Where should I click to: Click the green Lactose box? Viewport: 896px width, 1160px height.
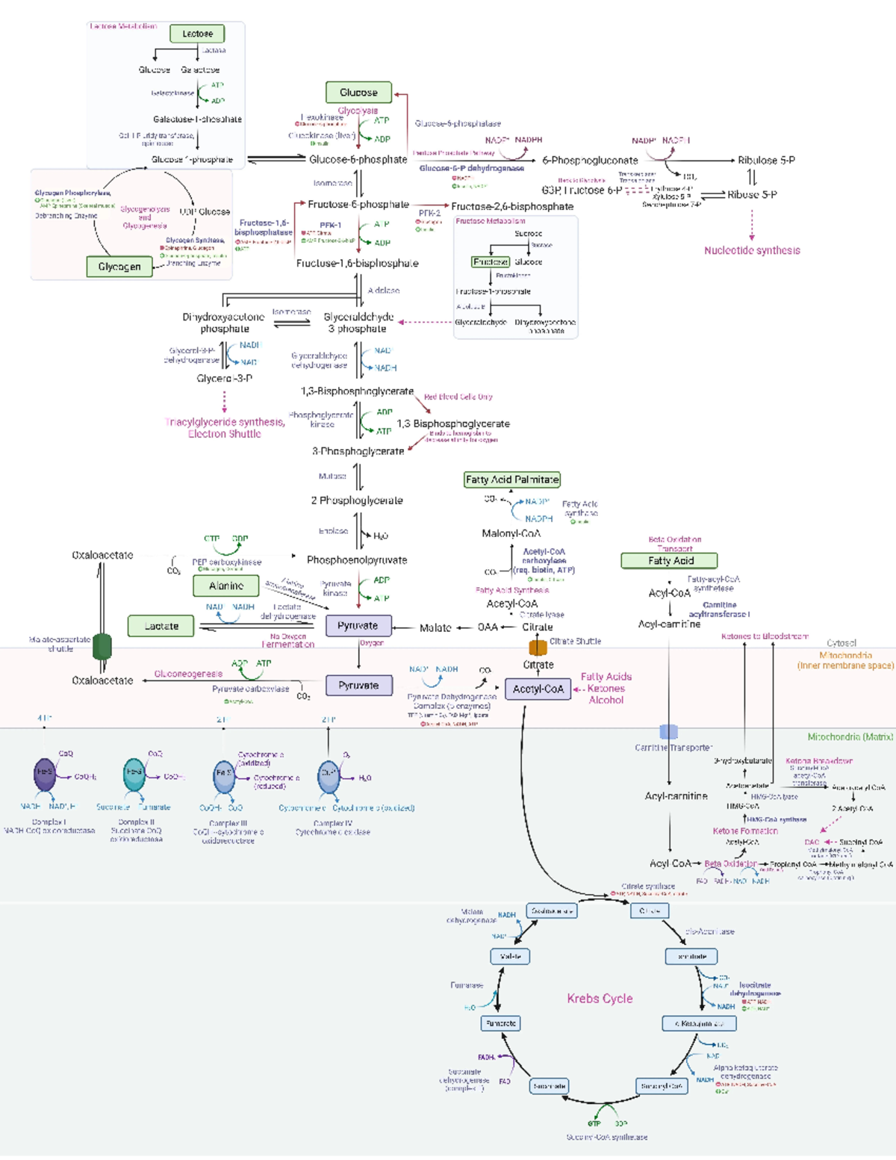pos(197,34)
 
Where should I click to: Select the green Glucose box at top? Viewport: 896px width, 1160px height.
pos(358,93)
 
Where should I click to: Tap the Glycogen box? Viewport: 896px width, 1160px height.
pos(119,267)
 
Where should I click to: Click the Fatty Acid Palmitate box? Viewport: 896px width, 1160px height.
pos(511,480)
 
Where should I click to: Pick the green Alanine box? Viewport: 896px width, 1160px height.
pos(226,586)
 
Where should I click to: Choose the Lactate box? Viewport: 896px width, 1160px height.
pos(161,626)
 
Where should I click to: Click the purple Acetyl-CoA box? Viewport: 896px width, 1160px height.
pos(538,689)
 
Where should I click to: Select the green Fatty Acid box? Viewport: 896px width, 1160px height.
pos(670,560)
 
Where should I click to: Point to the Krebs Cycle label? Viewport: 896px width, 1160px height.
pos(600,999)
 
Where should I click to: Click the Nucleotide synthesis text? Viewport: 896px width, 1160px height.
pos(752,250)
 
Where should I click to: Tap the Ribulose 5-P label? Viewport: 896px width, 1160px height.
pos(766,160)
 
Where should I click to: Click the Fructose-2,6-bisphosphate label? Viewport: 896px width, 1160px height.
pos(512,206)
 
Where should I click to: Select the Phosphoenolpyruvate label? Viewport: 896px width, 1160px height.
pos(357,559)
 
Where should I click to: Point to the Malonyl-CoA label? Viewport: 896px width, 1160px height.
pos(511,533)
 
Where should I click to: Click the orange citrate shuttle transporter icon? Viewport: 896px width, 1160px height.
pos(538,647)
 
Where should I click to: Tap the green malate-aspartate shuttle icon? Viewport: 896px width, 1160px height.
pos(102,646)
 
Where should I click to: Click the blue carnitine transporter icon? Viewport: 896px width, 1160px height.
pos(668,733)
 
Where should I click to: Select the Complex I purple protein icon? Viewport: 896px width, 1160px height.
pos(45,775)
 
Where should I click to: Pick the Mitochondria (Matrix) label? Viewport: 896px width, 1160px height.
pos(850,736)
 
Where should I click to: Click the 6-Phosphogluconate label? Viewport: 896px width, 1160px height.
pos(590,160)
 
